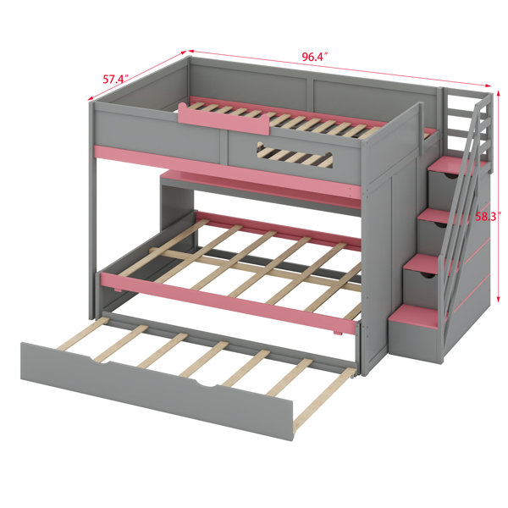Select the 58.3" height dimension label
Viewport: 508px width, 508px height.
click(486, 217)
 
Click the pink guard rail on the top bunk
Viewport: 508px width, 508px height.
click(224, 119)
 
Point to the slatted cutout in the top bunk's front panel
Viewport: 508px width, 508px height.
click(295, 155)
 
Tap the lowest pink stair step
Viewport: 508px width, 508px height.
click(418, 315)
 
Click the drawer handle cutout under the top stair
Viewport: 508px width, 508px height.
click(450, 175)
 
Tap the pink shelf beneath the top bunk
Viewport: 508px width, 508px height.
click(259, 188)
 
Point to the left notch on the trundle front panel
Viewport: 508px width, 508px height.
click(99, 361)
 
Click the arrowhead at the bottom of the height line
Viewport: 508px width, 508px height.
click(499, 299)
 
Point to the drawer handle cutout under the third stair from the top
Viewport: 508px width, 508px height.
click(427, 275)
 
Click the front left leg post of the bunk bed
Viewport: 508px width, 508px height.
click(92, 211)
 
